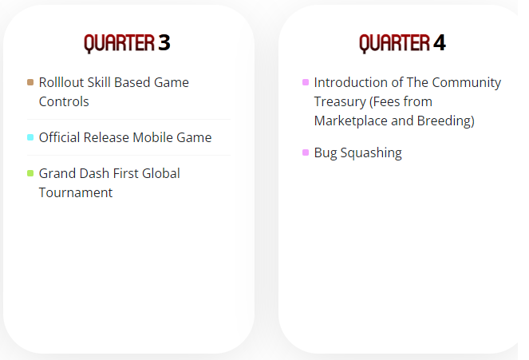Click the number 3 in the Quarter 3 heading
[x=164, y=43]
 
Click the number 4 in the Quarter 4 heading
[x=440, y=43]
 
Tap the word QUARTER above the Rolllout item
[x=120, y=44]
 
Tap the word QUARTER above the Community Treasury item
[x=395, y=44]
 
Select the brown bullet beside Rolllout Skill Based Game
[x=30, y=82]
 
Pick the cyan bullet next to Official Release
[x=30, y=137]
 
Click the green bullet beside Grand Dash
[x=30, y=173]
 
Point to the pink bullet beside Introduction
[x=306, y=82]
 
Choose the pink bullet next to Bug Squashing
[x=306, y=152]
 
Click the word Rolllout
[x=61, y=82]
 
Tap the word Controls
[x=64, y=101]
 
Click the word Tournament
[x=76, y=192]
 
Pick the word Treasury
[x=340, y=101]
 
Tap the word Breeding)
[x=446, y=121]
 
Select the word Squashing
[x=371, y=152]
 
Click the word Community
[x=467, y=83]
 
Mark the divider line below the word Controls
[x=128, y=120]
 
